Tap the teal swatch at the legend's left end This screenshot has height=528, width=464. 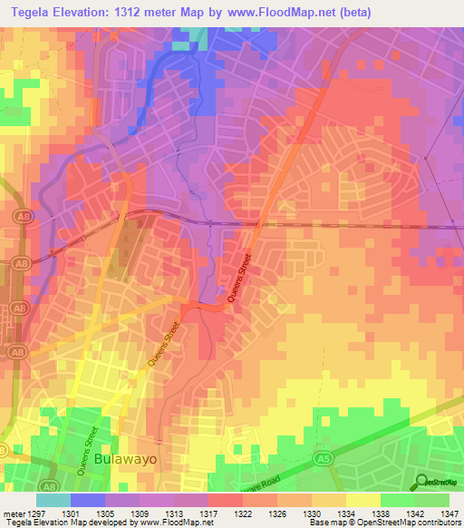[53, 499]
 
